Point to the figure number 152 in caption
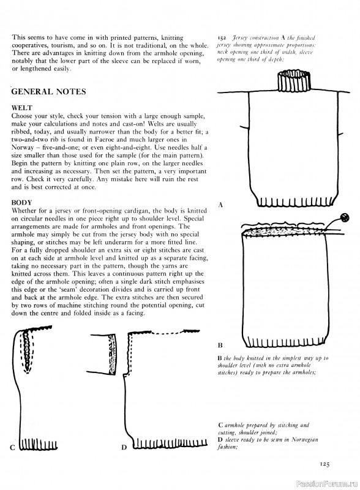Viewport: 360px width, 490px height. tap(222, 37)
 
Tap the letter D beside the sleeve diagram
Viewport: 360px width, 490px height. tap(124, 447)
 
